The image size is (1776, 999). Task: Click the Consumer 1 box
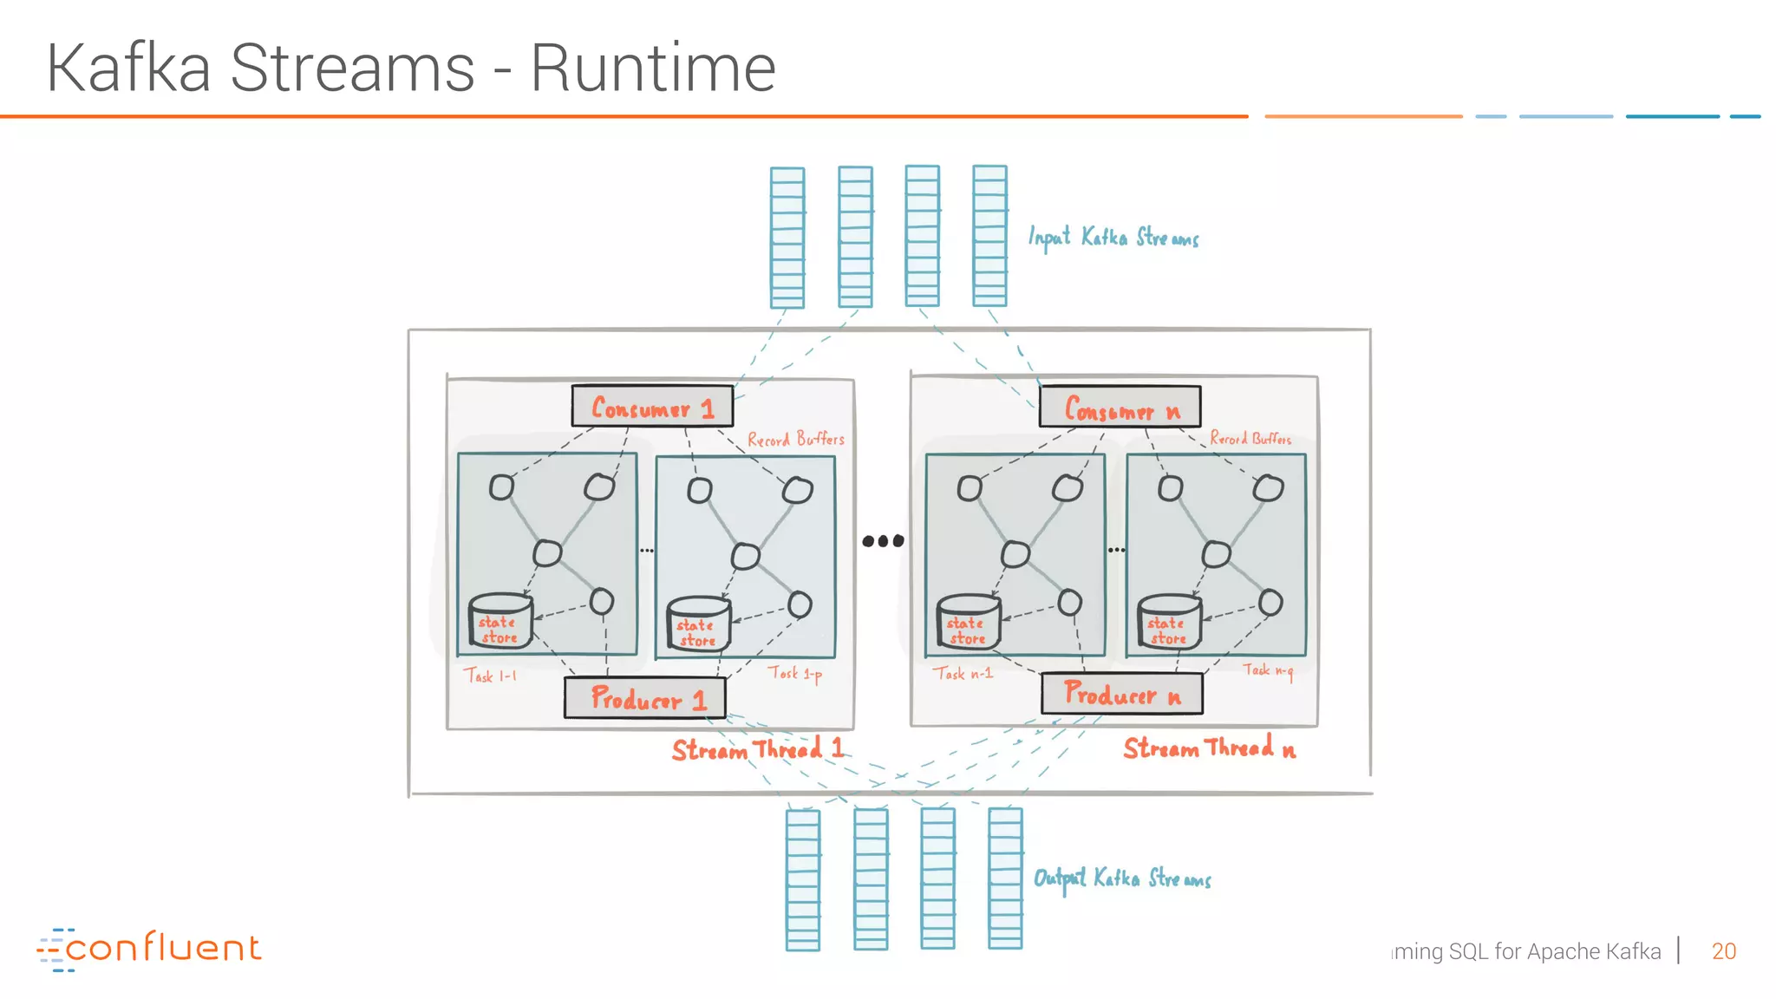(652, 406)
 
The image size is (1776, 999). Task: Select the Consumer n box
(1120, 407)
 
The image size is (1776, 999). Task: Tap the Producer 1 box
(645, 697)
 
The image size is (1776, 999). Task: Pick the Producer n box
(1121, 694)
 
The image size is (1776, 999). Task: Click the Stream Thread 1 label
(757, 749)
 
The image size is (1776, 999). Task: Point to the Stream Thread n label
(1209, 748)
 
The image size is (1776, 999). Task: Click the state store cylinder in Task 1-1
(499, 622)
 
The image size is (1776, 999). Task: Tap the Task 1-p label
(794, 674)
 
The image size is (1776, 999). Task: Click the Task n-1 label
(963, 673)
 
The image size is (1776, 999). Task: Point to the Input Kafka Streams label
(1113, 238)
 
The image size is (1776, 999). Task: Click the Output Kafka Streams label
(1122, 878)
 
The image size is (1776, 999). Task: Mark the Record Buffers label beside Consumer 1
(795, 440)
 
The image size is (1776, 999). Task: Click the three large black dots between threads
(883, 541)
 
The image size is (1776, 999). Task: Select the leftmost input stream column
(787, 237)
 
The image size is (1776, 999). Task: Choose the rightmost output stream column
(1005, 878)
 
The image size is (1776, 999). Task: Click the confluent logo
(148, 949)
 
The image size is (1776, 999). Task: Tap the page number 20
(1723, 951)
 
